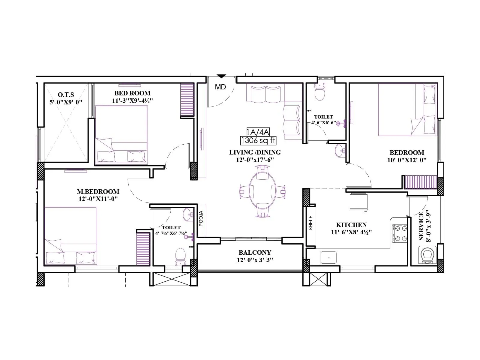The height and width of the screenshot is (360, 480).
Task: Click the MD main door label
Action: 220,87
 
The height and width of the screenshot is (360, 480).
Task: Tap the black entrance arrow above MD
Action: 221,76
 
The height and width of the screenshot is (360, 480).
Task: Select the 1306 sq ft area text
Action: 258,140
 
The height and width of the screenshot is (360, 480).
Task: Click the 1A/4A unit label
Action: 258,132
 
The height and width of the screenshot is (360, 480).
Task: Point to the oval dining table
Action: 262,191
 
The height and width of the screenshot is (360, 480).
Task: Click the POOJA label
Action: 201,218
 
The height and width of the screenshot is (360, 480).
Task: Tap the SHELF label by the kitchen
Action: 310,223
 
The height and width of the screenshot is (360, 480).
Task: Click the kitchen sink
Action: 328,257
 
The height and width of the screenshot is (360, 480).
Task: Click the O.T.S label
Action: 66,95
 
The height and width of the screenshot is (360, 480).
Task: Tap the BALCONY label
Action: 255,252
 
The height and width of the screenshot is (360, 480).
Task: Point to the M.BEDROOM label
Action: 98,191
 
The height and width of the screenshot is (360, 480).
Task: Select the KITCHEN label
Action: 351,225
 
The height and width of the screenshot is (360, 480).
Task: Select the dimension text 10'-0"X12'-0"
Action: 406,160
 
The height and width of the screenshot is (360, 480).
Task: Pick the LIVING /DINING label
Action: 255,152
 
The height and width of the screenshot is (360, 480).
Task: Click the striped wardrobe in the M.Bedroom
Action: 143,249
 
